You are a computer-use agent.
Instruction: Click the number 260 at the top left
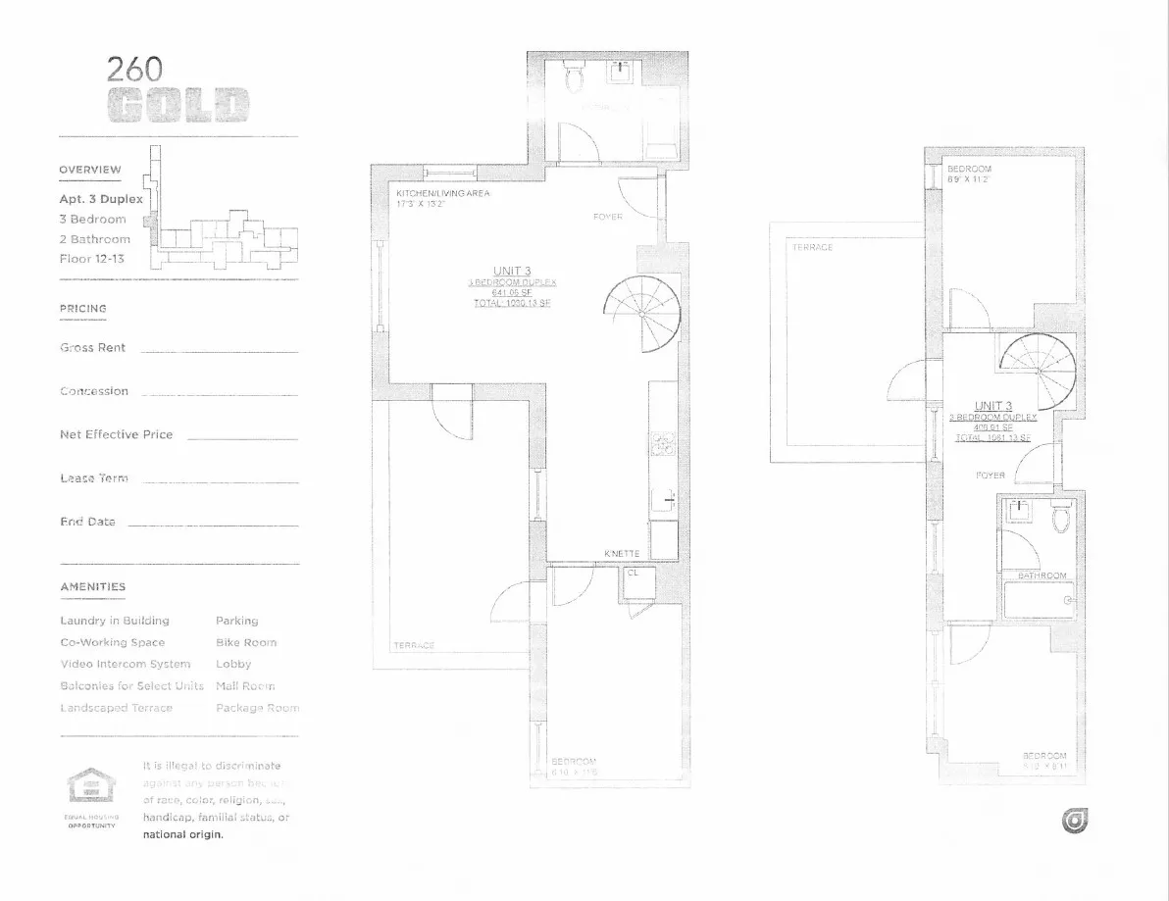point(134,69)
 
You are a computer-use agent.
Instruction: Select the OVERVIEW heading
point(90,170)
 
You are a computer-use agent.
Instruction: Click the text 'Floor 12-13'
point(91,259)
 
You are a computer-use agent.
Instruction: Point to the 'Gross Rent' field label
point(92,348)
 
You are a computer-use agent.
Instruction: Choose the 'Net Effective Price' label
point(116,434)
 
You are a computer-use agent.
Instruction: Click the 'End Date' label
point(87,522)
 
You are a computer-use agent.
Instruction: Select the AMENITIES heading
point(92,587)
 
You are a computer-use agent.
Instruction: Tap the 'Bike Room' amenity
point(246,642)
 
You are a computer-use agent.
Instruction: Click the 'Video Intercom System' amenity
point(125,664)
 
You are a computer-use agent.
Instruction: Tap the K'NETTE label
point(622,554)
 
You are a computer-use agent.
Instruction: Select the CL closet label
point(633,573)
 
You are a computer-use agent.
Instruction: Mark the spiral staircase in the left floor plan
point(642,313)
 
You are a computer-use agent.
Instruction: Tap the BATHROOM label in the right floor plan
point(1041,576)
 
